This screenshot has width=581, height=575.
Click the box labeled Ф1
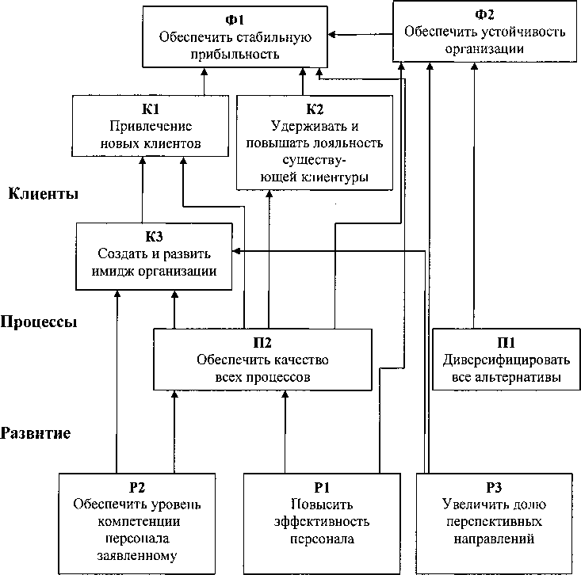[235, 36]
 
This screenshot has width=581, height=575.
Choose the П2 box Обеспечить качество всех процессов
[262, 360]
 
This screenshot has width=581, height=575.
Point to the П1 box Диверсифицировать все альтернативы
[506, 360]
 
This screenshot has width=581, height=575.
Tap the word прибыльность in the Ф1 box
[235, 54]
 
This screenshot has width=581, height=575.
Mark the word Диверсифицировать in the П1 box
[506, 360]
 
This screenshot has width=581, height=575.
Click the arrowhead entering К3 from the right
[237, 252]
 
